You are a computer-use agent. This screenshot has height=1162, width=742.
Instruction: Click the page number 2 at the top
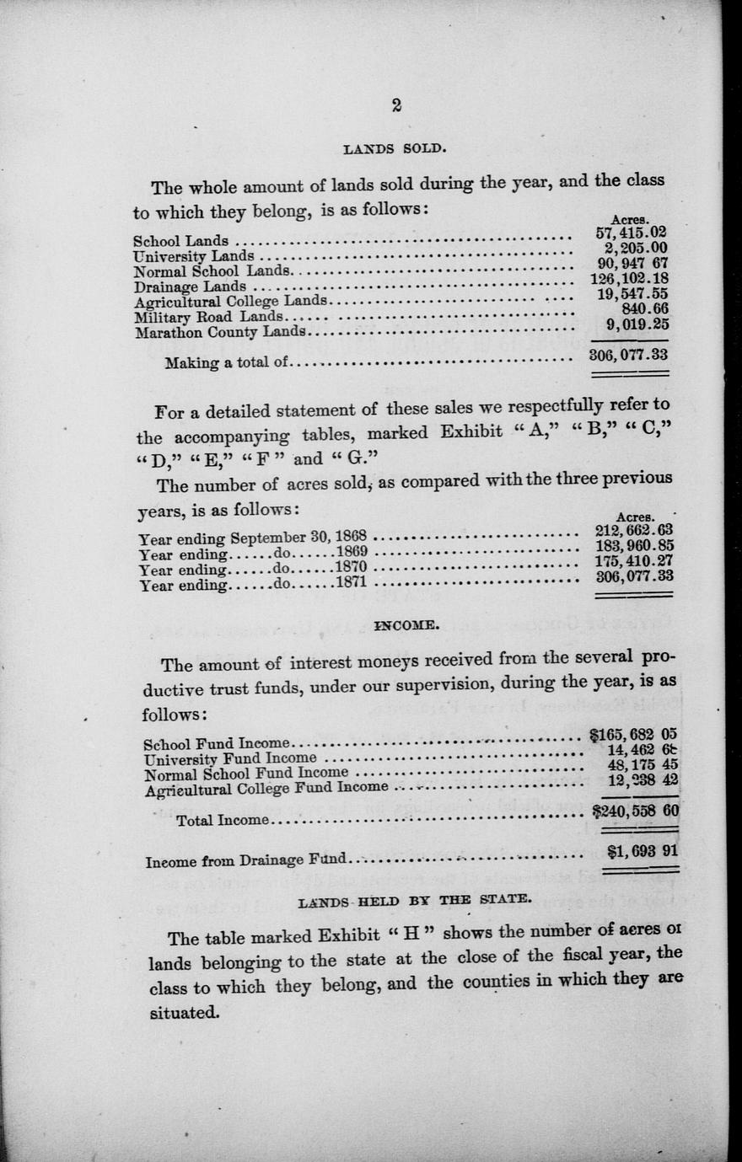(395, 105)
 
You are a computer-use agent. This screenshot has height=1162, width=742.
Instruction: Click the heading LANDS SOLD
(395, 149)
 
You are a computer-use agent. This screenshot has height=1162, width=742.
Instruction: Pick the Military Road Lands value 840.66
(643, 308)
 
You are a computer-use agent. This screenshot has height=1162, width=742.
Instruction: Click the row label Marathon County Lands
(219, 332)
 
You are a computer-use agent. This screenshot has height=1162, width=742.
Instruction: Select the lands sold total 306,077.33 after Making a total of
(628, 355)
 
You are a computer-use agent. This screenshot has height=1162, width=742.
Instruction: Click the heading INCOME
(406, 626)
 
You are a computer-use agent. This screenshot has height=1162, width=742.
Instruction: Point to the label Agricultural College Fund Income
(266, 789)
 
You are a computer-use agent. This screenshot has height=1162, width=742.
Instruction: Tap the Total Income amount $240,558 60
(636, 811)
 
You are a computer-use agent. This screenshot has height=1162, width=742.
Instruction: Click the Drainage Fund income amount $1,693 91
(643, 851)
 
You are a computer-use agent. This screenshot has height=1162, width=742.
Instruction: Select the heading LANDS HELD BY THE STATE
(415, 900)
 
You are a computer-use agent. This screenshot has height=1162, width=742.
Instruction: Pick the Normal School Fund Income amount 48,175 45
(643, 765)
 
